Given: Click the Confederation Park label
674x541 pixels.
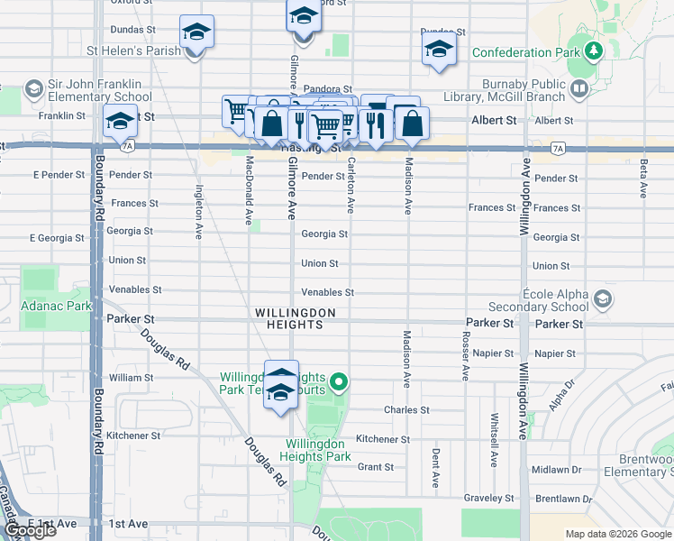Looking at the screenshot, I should coord(525,52).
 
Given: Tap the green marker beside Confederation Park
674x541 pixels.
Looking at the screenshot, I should coord(593,50).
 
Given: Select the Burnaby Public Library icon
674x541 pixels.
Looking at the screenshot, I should coord(578,89).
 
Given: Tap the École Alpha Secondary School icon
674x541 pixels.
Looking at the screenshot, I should coord(603,298).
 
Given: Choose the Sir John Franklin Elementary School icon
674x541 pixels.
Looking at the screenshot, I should coord(33,88).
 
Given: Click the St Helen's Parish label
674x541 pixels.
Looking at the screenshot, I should coord(133,50).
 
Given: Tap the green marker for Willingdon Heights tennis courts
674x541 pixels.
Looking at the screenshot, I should coord(339,383).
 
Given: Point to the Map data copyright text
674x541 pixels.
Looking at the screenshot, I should coord(618,534).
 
